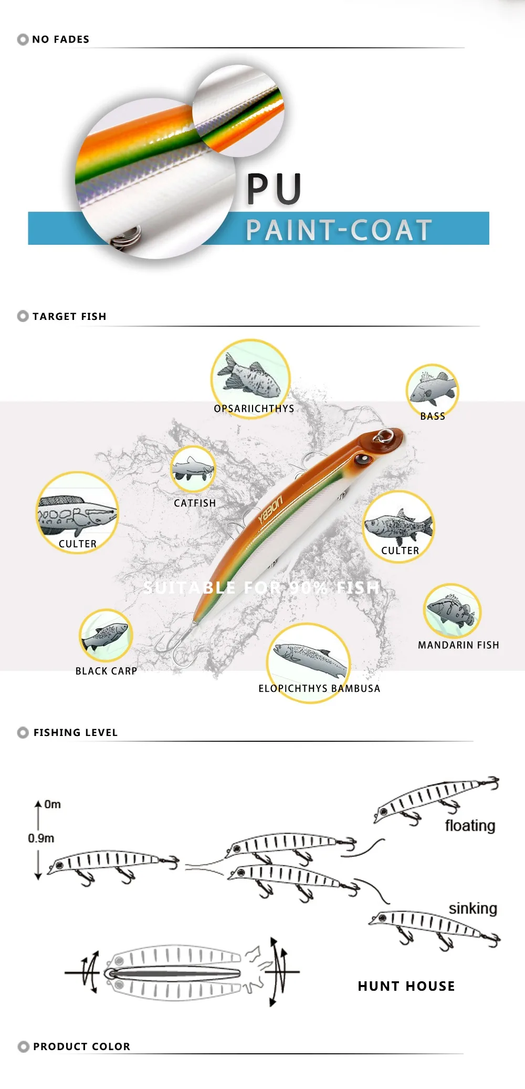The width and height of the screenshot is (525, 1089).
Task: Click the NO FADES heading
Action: coord(60,39)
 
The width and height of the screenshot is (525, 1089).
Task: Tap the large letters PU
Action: coord(274,189)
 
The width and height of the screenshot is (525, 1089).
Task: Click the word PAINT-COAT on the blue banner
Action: coord(339,231)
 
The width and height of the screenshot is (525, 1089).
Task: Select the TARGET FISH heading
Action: coord(69,316)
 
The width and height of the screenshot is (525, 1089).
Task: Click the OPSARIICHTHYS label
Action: coord(254,409)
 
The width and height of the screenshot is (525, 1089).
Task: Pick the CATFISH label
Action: coord(195,503)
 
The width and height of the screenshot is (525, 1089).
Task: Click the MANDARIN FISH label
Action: coord(458,645)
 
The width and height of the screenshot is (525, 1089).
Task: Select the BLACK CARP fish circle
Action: coord(106,636)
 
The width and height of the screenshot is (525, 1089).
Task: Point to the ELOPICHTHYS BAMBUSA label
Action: coord(319,689)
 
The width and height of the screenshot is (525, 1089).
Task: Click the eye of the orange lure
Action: coord(362,460)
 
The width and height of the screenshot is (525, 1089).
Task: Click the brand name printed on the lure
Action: coord(270,510)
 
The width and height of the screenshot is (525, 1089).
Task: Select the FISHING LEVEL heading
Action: coord(76,732)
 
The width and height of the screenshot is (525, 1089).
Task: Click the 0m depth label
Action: coord(52,804)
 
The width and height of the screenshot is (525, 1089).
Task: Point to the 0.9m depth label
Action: coord(41,838)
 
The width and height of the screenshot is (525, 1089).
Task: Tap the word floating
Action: coord(470,826)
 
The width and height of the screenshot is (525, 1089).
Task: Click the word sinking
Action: coord(472,908)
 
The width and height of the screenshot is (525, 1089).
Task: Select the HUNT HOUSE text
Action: coord(406,986)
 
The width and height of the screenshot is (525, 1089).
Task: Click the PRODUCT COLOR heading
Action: coord(81,1046)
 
